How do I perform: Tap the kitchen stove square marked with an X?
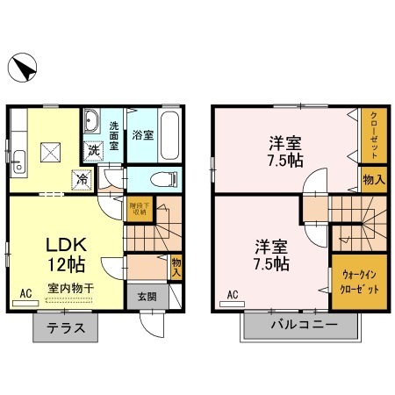click(50, 154)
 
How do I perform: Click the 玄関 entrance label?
click(147, 297)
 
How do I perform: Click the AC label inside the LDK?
click(26, 293)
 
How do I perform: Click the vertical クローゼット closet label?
click(374, 134)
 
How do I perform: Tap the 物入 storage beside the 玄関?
click(176, 266)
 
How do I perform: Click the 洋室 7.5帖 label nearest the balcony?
click(270, 254)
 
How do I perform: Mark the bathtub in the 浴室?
click(172, 135)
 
